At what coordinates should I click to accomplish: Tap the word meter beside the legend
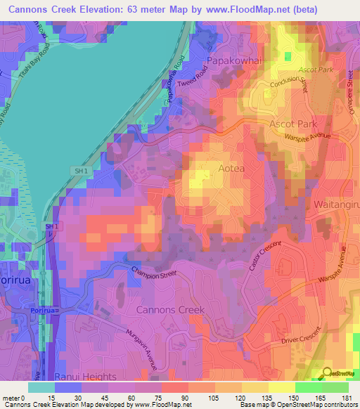click(x=13, y=398)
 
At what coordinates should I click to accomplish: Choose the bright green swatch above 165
click(x=308, y=387)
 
